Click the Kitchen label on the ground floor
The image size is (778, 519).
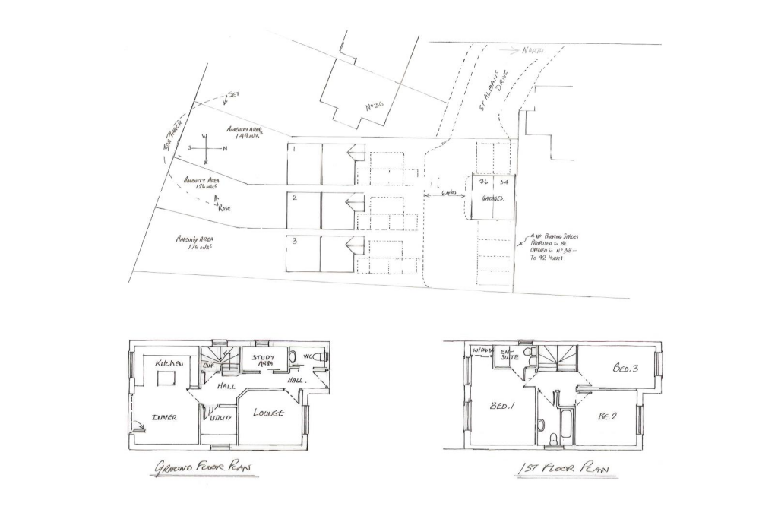(169, 365)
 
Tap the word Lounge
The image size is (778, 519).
(269, 413)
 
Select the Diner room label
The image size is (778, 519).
(165, 417)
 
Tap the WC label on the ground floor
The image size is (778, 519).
(308, 356)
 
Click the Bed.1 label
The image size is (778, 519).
(502, 407)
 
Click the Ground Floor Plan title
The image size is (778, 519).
(202, 468)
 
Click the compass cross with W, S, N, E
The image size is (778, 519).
(206, 149)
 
